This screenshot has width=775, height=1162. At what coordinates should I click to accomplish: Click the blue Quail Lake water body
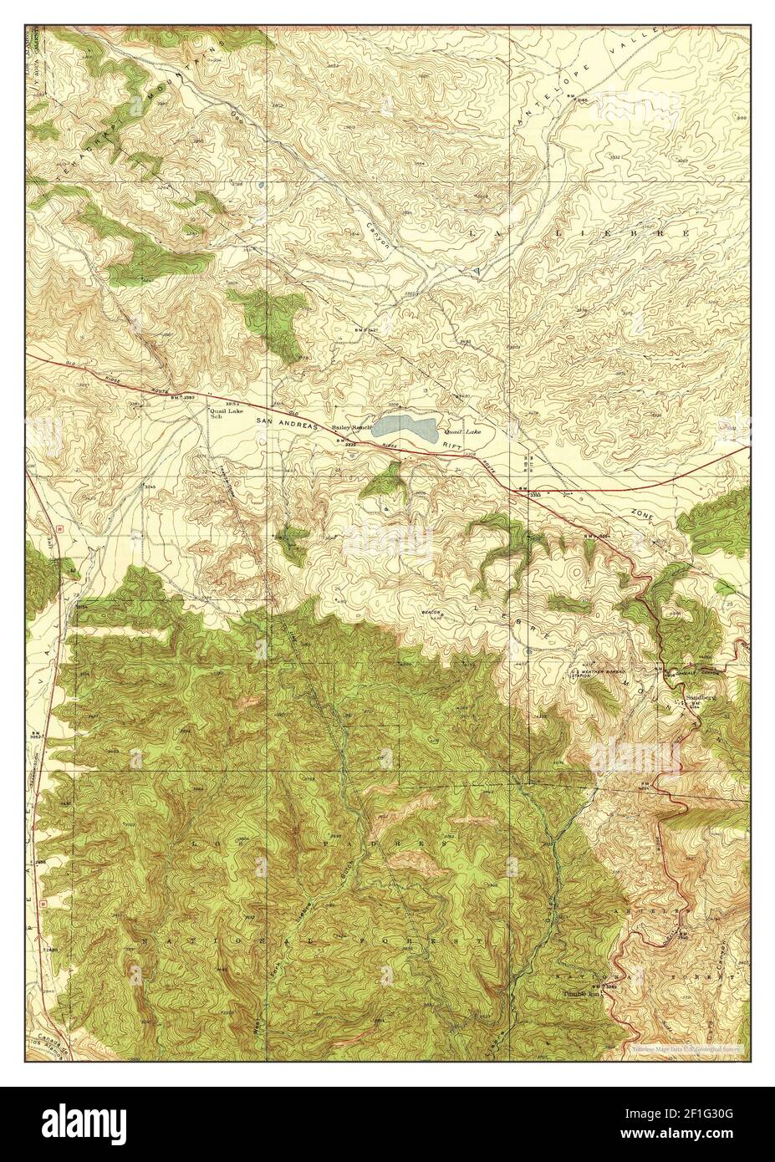click(405, 431)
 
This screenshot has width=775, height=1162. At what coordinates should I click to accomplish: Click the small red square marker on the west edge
click(60, 528)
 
